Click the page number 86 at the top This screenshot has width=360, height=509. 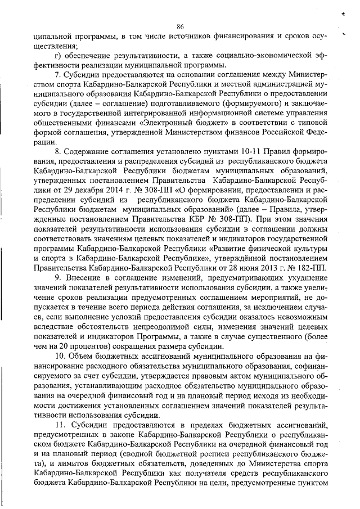coord(180,26)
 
